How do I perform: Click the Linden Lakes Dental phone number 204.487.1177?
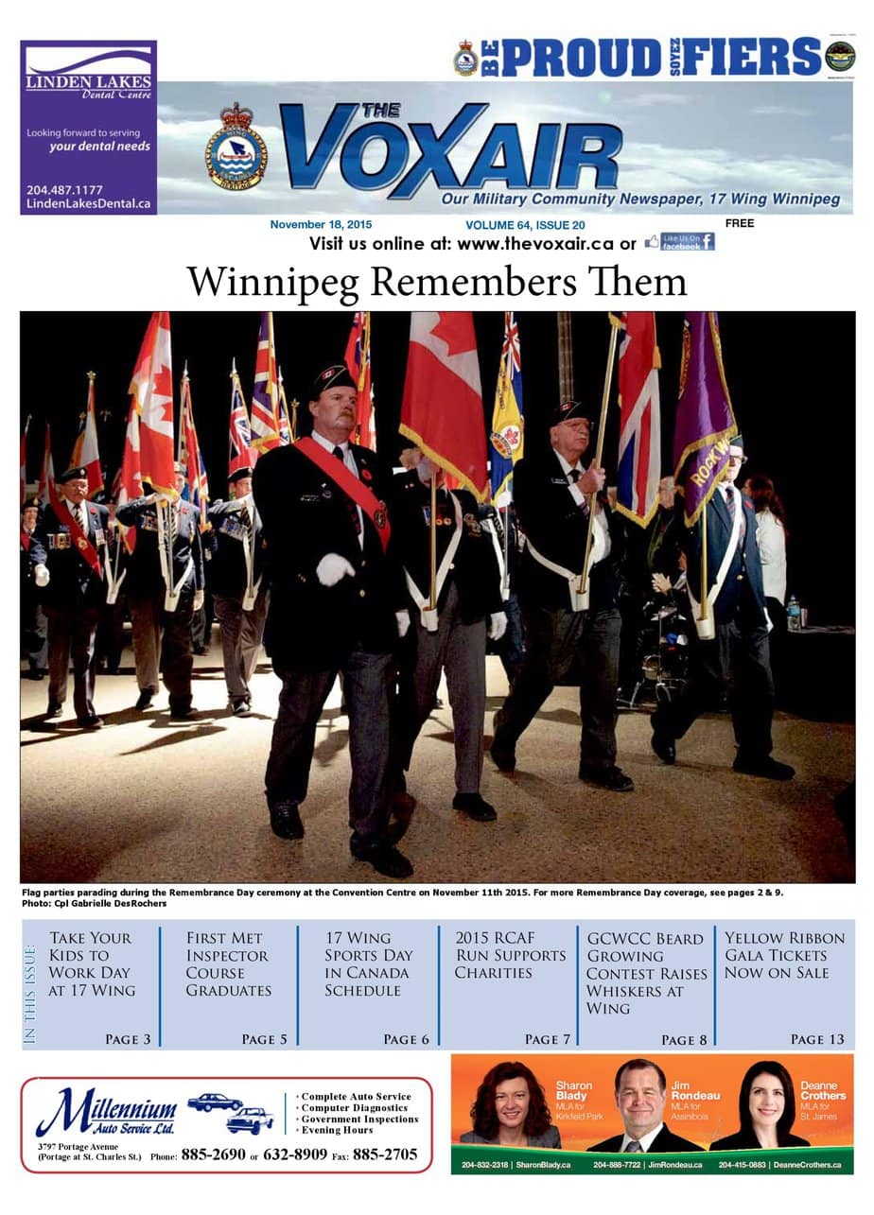pos(65,189)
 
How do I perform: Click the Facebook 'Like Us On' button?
pos(680,242)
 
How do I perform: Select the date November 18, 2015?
pos(321,225)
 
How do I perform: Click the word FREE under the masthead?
pos(741,224)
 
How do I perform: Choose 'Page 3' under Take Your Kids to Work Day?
pos(128,1039)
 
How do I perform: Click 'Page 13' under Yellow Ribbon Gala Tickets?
pos(817,1039)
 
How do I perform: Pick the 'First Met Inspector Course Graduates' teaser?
pos(228,963)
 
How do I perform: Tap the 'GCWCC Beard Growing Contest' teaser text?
pos(646,973)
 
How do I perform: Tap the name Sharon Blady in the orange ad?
pos(573,1090)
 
